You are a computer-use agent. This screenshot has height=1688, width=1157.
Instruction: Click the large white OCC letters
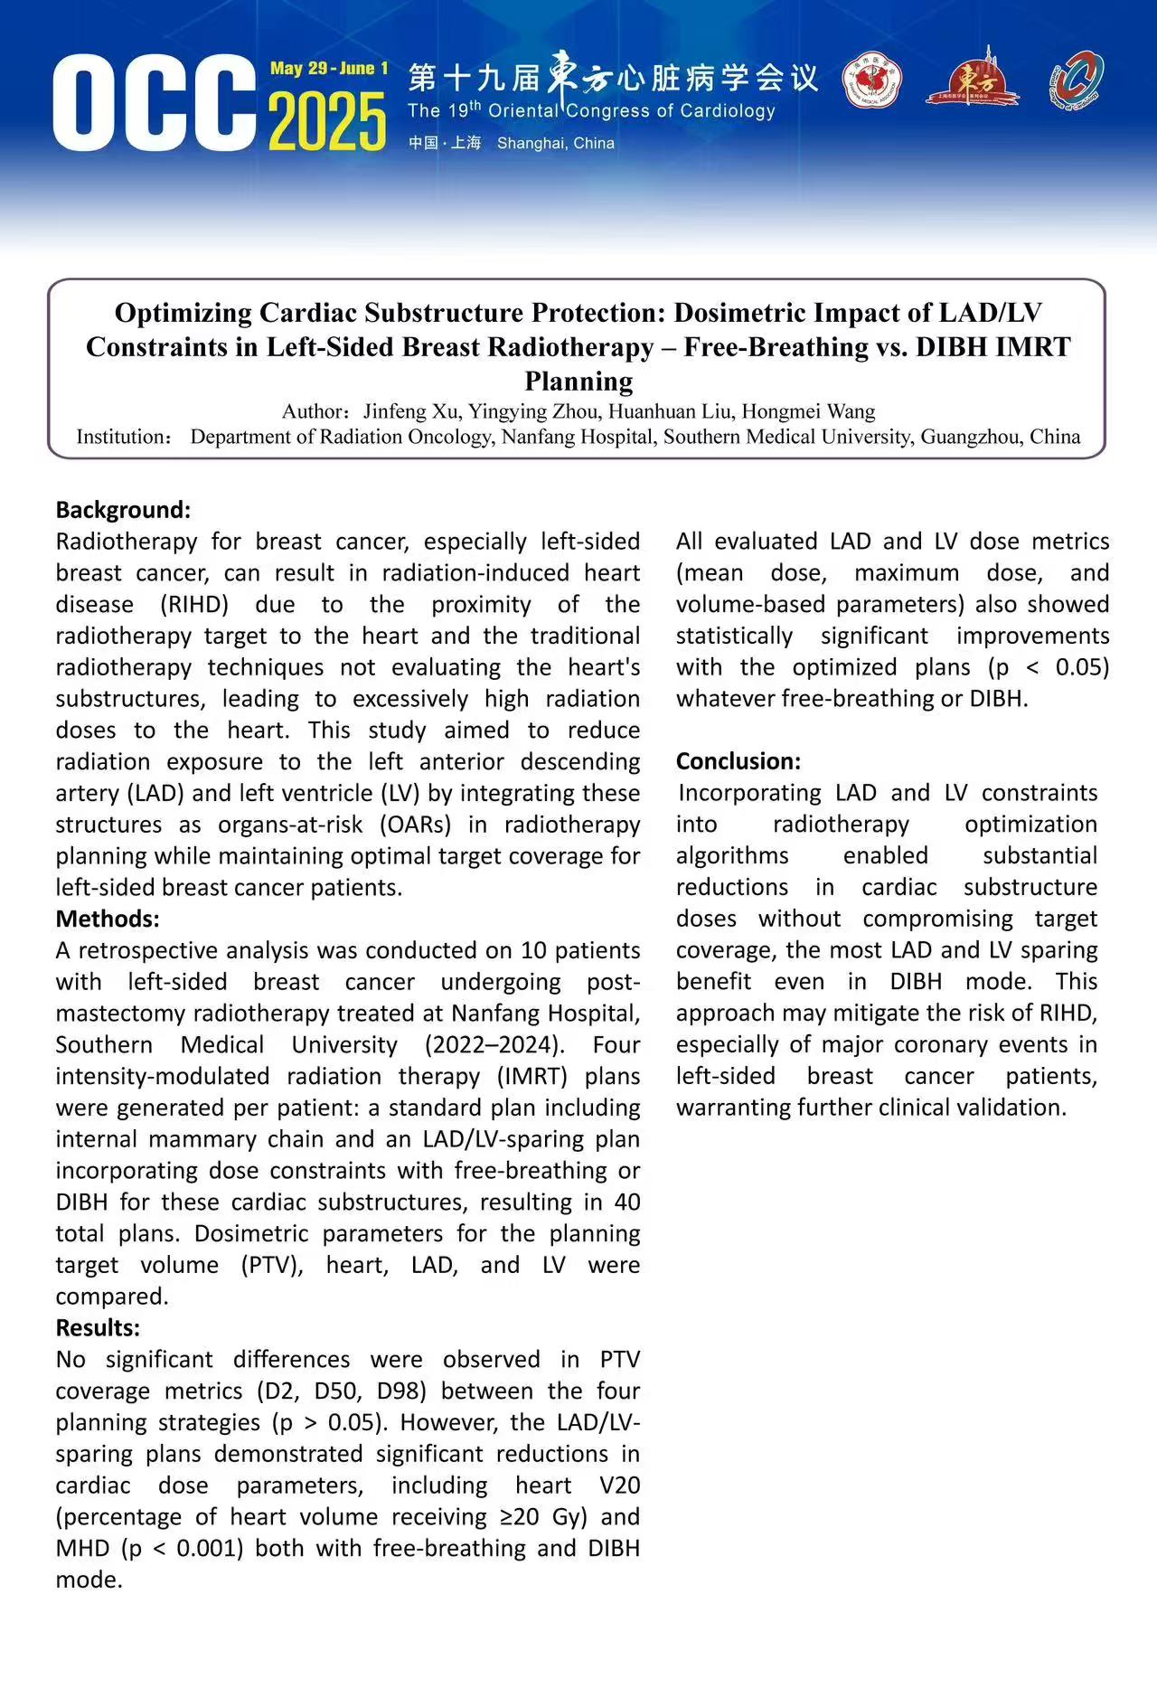(154, 103)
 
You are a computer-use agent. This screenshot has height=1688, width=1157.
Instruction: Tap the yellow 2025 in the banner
(327, 122)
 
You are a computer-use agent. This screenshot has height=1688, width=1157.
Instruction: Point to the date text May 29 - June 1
(329, 69)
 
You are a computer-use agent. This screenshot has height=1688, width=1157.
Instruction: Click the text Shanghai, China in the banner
(555, 143)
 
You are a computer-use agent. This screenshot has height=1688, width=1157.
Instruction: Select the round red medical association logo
(871, 80)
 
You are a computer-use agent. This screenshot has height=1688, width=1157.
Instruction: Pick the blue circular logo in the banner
(1076, 80)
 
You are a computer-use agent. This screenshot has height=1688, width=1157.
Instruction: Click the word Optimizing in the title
(183, 313)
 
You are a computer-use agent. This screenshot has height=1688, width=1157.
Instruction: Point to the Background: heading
(123, 510)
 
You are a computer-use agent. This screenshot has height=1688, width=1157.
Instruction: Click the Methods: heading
(108, 919)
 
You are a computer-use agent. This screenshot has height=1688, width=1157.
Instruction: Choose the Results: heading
(98, 1328)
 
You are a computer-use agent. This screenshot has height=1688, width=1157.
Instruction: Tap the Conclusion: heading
(738, 761)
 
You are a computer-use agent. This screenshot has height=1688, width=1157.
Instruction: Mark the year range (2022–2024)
(494, 1045)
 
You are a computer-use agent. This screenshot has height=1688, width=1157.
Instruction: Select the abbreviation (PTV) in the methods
(271, 1265)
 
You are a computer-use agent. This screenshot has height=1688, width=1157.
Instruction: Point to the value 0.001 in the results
(210, 1549)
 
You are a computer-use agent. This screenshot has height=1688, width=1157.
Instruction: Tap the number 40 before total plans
(626, 1202)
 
